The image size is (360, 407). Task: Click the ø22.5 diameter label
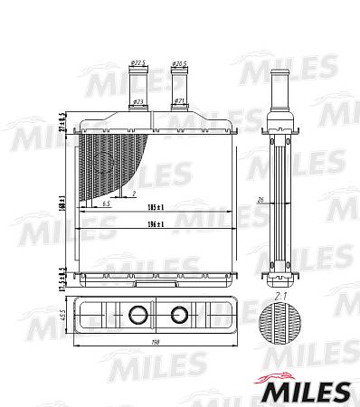[x=138, y=62]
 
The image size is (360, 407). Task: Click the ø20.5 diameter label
[x=181, y=62]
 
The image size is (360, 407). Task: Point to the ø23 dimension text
[x=138, y=100]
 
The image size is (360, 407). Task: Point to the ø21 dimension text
[x=180, y=100]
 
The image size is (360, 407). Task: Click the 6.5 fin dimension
[x=107, y=205]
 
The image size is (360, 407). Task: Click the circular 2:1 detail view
[x=280, y=327]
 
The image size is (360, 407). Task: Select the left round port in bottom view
[x=138, y=316]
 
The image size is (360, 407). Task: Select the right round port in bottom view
[x=179, y=316]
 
